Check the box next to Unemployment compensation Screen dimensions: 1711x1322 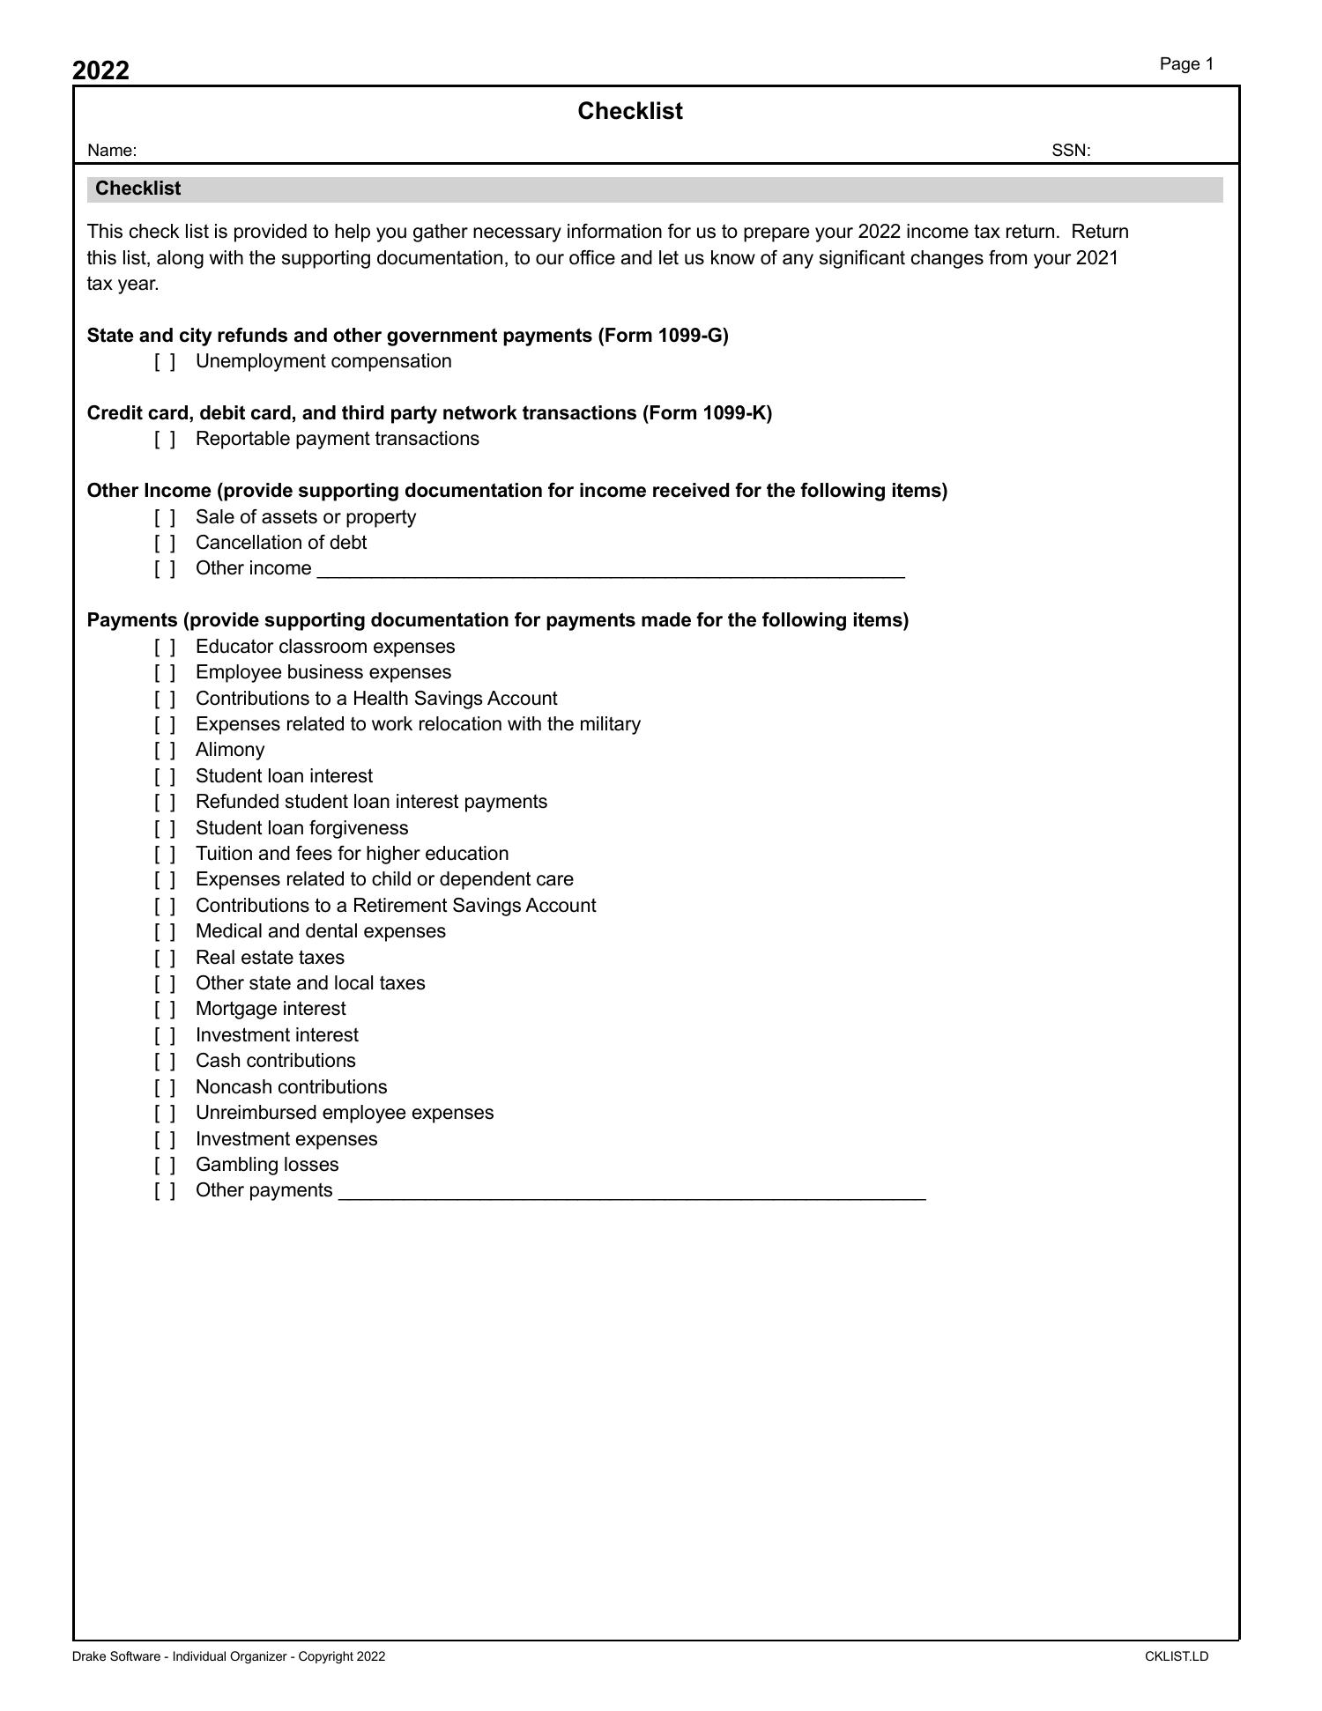165,362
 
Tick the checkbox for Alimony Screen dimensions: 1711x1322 165,751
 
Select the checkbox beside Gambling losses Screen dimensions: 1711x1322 165,1166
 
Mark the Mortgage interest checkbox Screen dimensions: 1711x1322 165,1010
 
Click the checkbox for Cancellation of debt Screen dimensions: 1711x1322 165,544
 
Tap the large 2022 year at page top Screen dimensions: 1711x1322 100,70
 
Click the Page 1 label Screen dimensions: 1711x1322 1186,64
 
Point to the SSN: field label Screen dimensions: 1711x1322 1071,151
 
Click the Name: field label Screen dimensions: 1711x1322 112,151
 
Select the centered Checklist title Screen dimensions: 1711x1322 630,111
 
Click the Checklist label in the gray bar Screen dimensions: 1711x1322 138,189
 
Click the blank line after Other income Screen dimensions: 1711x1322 611,570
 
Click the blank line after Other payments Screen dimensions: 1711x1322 632,1192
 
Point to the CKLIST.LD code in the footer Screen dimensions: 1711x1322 1177,1656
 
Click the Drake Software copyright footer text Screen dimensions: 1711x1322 228,1656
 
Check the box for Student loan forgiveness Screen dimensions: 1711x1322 165,829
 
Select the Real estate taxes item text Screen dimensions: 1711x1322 270,958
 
